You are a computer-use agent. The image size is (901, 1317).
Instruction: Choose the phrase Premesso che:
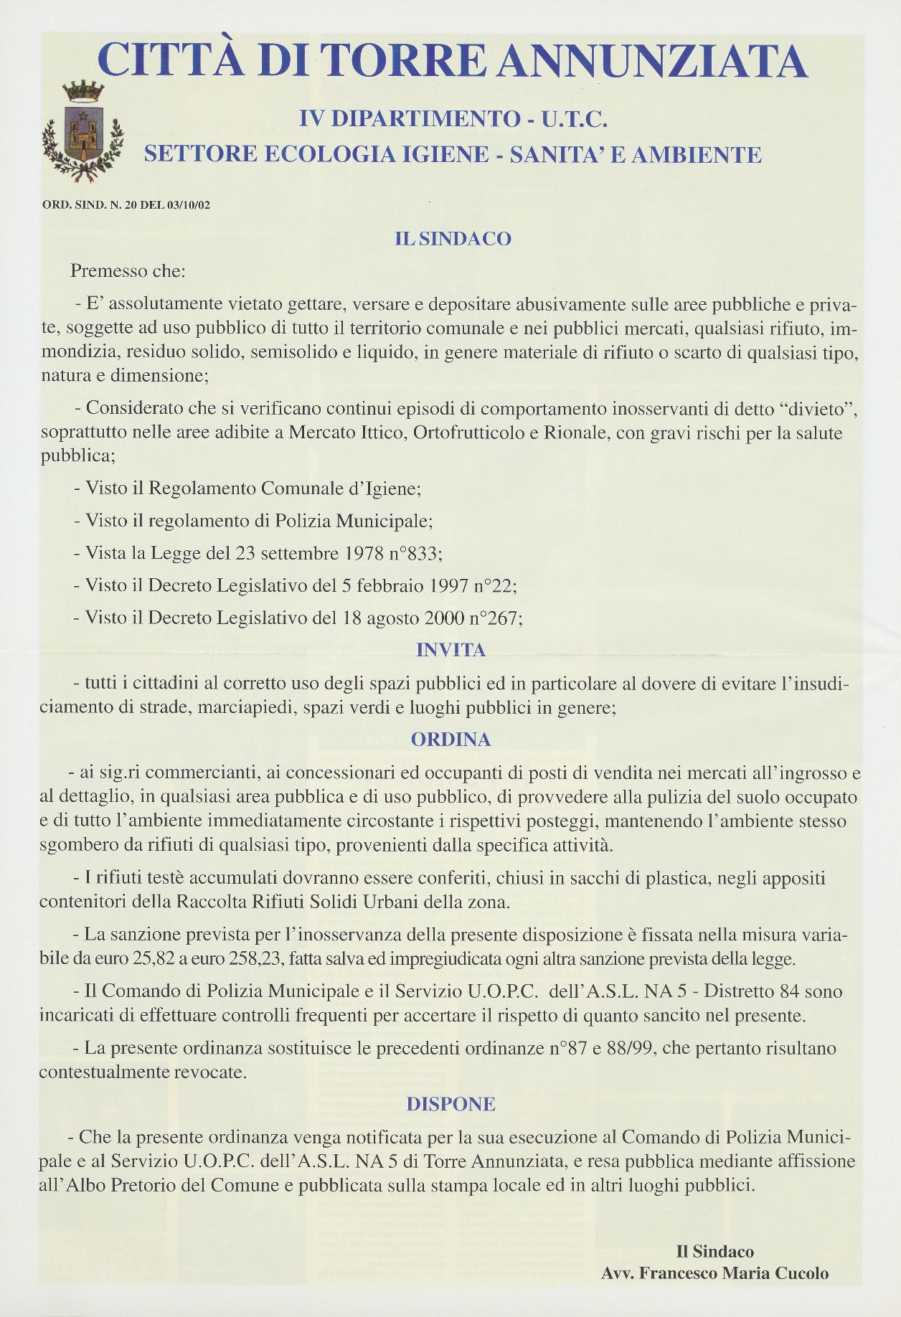click(x=128, y=272)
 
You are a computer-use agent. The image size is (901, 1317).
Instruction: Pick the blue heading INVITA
click(x=451, y=651)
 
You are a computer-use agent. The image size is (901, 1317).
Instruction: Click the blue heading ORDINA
click(x=451, y=740)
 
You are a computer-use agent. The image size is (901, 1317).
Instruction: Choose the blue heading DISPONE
click(x=451, y=1104)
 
